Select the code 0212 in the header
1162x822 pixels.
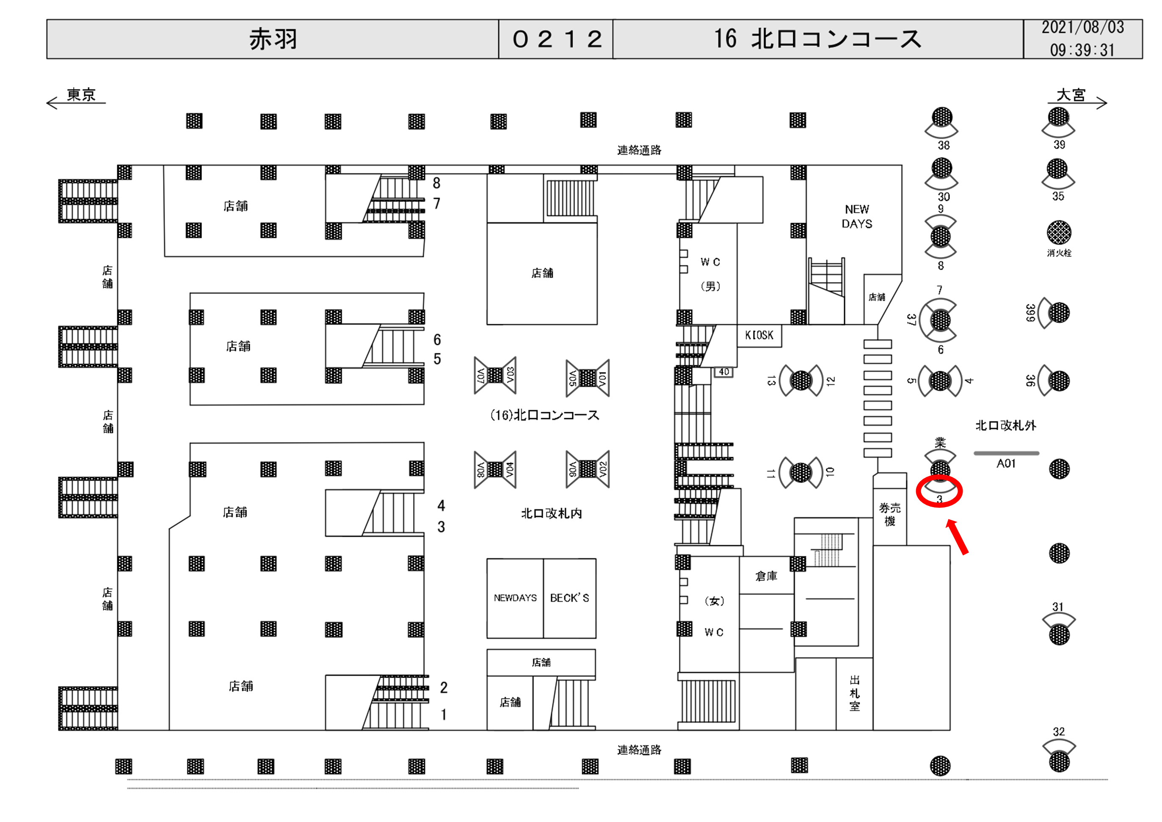tap(556, 39)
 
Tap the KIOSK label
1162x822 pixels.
tap(759, 335)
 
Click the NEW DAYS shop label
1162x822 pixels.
tap(857, 216)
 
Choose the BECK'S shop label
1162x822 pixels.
tap(569, 598)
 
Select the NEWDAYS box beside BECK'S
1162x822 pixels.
tap(515, 598)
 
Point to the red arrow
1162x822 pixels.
tap(957, 537)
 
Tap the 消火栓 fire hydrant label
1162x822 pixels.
tap(1059, 253)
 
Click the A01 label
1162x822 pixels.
tap(1006, 463)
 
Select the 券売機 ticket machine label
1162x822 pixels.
tap(890, 514)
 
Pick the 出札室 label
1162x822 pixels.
tap(855, 693)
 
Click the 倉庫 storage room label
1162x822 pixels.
tap(766, 576)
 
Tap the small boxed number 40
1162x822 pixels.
tap(724, 372)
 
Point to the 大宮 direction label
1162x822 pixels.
tap(1071, 95)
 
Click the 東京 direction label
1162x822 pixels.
tap(81, 95)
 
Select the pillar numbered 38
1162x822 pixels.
tap(942, 117)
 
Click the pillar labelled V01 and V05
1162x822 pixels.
tap(588, 378)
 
